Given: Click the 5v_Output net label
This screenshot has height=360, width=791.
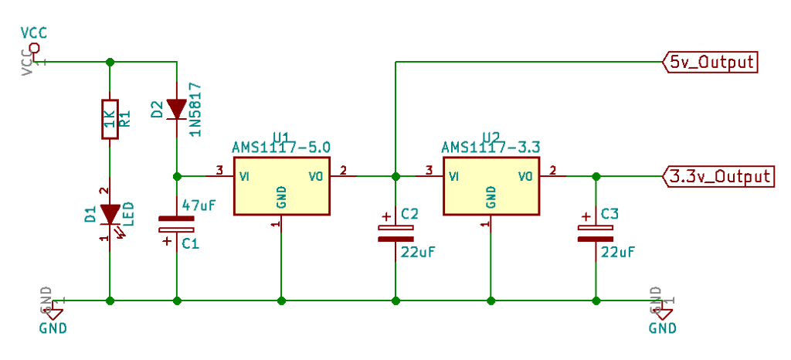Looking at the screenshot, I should pos(710,62).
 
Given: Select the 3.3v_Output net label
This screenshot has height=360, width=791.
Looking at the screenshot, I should pos(718,176).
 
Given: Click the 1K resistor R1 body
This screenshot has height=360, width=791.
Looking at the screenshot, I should pos(110,119).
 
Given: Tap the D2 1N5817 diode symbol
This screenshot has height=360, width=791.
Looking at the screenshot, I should pos(177,109).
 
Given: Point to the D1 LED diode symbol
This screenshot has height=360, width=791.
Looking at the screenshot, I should pos(110,214).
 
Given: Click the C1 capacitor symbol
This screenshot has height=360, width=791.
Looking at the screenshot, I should pos(177,225).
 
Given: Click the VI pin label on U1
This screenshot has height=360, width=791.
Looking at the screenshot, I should pos(244,175).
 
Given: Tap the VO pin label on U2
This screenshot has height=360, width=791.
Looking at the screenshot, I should pos(526,176).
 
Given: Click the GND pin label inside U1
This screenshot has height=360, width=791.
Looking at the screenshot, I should pos(282,197).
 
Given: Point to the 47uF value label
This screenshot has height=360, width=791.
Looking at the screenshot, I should pos(198,205).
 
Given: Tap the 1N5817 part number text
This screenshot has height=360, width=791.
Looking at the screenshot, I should pos(196,109).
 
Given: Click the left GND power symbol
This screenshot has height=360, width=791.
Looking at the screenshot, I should pos(53,313).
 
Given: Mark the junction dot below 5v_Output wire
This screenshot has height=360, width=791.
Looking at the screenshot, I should pos(395,176).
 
